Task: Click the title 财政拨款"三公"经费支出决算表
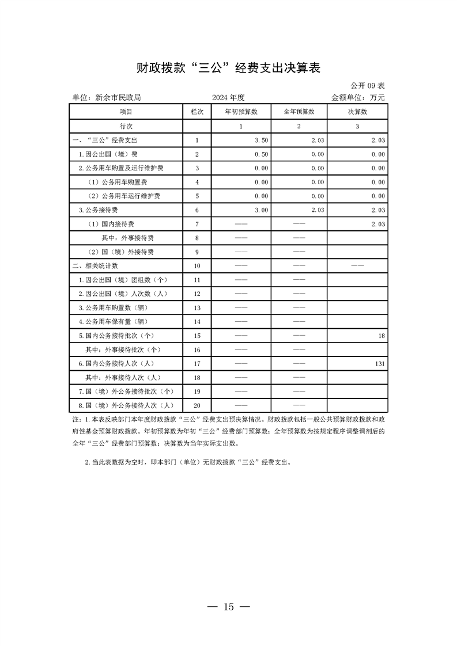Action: point(228,68)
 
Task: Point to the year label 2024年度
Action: point(228,98)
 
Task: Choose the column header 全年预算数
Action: point(299,112)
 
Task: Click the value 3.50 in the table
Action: point(261,140)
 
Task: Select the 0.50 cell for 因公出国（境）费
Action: point(261,154)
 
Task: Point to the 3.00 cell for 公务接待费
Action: point(261,210)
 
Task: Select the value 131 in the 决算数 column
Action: point(379,364)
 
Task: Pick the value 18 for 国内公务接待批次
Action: point(382,336)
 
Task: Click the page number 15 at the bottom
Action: point(229,607)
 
